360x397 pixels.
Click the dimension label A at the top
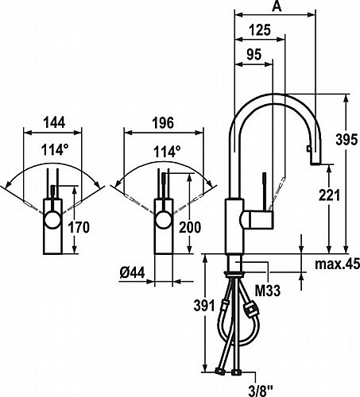(x=277, y=6)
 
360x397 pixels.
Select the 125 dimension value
(x=260, y=29)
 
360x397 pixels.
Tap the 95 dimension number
(x=254, y=54)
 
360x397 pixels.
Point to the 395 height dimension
(x=346, y=139)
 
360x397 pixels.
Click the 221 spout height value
(x=329, y=195)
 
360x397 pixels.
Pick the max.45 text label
(x=337, y=264)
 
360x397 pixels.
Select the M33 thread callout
(x=267, y=291)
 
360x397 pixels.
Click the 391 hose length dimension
(x=204, y=306)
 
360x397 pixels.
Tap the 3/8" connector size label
(x=261, y=390)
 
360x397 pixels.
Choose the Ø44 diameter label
(x=132, y=272)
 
